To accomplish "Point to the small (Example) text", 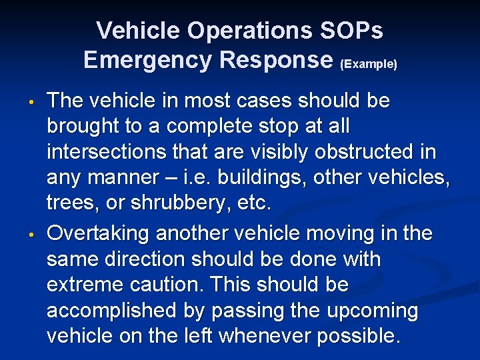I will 369,64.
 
